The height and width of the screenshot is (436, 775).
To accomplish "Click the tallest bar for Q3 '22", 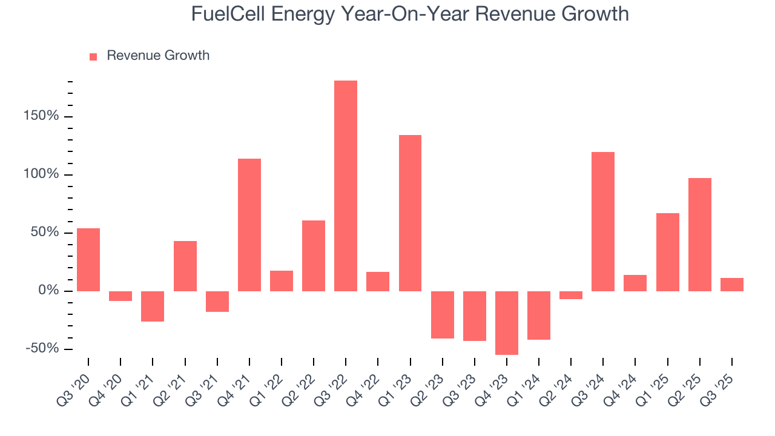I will (345, 185).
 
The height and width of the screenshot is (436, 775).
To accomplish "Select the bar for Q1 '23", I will (410, 213).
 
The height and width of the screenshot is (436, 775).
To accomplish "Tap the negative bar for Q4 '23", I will (506, 323).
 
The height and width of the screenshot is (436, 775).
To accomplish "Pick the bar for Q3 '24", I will (602, 221).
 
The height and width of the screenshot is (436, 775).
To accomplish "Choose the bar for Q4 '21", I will (249, 225).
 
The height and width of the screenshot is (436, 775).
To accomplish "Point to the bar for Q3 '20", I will (88, 259).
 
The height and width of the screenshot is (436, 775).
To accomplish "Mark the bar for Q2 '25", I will (699, 234).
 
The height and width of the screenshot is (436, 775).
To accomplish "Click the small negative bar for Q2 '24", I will (570, 295).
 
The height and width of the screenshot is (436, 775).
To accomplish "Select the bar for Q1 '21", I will (153, 306).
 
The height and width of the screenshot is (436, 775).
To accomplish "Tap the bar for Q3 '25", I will (731, 285).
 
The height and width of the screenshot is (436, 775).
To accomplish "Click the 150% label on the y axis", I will (42, 116).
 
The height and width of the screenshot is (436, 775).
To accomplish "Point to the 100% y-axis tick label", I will (42, 174).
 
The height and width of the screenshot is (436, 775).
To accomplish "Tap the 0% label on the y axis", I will (49, 291).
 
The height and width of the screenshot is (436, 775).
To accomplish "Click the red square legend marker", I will (93, 56).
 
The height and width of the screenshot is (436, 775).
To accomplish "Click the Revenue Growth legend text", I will (158, 56).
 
